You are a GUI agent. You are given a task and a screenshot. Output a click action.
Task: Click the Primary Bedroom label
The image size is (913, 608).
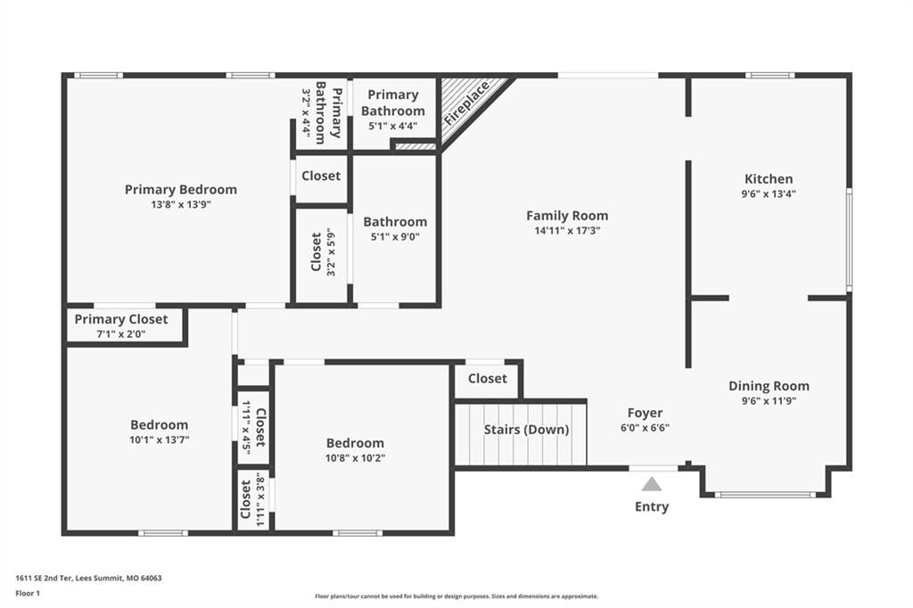[x=180, y=189]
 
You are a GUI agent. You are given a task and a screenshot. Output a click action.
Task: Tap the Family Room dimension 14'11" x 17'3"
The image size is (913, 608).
[x=567, y=231]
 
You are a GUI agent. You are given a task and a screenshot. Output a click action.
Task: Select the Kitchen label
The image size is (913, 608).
[x=769, y=179]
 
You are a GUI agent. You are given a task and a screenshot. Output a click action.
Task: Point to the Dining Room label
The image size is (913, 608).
[x=769, y=385]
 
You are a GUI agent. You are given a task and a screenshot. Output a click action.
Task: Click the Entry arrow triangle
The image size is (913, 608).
[x=652, y=485]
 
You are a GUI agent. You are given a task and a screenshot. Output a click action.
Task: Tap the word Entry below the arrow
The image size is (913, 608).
[x=652, y=506]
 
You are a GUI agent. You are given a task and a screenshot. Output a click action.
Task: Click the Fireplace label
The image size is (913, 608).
[x=466, y=103]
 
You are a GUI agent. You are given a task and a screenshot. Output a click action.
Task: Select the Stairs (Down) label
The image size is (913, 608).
[x=526, y=430]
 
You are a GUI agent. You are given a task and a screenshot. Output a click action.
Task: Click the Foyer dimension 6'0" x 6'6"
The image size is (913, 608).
[x=646, y=427]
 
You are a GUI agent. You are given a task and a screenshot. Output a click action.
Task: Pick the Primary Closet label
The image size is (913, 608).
[x=121, y=319]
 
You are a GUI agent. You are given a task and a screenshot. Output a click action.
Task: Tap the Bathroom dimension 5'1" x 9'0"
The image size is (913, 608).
[x=395, y=236]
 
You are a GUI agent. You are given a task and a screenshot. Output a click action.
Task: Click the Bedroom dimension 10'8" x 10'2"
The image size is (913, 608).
[x=355, y=457]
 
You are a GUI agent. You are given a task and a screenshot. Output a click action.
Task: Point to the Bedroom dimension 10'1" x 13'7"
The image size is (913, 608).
[x=160, y=440]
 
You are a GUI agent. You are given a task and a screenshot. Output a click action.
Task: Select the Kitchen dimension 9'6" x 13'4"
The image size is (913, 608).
[x=769, y=194]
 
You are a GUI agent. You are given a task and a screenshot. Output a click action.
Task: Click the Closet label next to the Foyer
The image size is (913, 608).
[x=488, y=379]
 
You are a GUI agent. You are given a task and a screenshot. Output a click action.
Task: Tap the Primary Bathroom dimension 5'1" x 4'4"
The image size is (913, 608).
[x=393, y=125]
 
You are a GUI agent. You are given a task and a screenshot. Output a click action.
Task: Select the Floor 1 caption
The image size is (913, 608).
[x=28, y=594]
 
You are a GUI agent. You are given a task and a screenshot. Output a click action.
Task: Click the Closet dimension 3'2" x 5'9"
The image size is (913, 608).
[x=331, y=251]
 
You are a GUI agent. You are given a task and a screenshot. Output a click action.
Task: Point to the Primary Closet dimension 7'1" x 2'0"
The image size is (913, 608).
[x=121, y=334]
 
